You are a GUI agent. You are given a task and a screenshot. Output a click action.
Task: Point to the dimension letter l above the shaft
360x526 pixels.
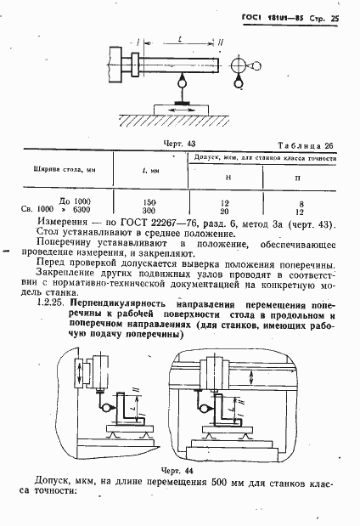tap(180, 39)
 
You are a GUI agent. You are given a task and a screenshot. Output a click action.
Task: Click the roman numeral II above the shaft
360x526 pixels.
tap(223, 43)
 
